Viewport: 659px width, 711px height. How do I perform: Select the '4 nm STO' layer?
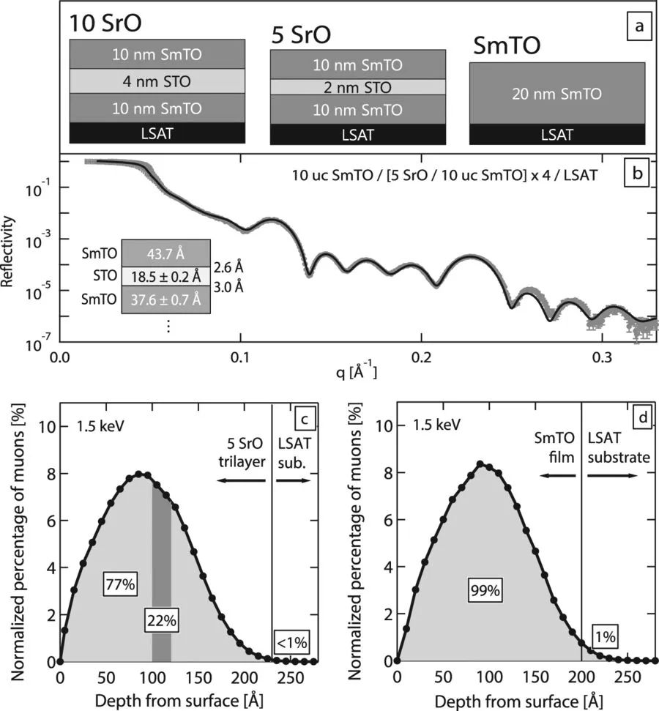[x=157, y=81]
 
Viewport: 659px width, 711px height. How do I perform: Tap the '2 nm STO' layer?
[x=357, y=87]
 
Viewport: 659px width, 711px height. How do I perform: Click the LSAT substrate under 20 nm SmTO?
[x=557, y=134]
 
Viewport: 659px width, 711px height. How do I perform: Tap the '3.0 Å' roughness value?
[x=228, y=286]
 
